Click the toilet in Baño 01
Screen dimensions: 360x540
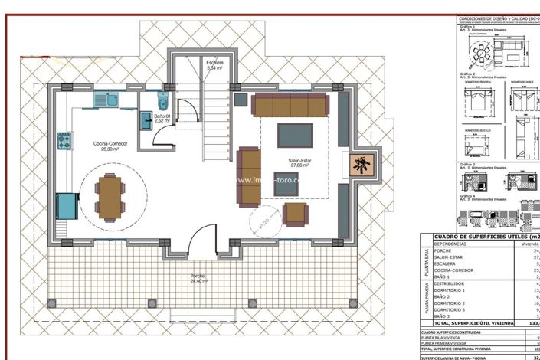162,101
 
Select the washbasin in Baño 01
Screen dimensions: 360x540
146,118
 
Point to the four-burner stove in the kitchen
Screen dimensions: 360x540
64,140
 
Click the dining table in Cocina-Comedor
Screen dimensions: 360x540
111,196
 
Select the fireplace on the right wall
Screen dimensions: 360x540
362,165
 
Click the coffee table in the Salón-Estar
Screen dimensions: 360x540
295,135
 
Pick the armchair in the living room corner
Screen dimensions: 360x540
295,214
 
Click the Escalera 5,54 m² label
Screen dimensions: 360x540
214,65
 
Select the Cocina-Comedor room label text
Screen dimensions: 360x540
110,144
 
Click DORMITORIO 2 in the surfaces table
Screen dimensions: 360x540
452,303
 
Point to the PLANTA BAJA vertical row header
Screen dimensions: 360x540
425,262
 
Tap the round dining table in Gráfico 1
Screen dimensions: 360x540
481,55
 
